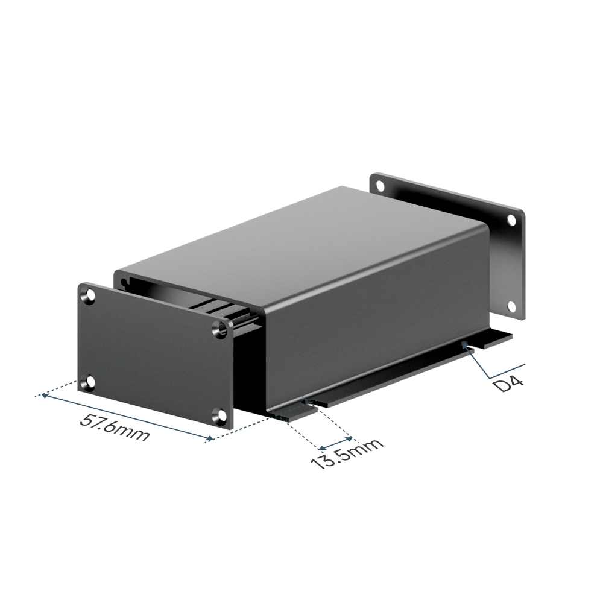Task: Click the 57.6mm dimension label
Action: click(x=114, y=428)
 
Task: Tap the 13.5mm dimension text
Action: click(x=347, y=454)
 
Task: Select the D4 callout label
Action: click(x=508, y=384)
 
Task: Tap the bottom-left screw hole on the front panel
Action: click(x=90, y=382)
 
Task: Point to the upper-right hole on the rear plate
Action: click(x=511, y=219)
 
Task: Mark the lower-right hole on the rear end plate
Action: click(x=511, y=306)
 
